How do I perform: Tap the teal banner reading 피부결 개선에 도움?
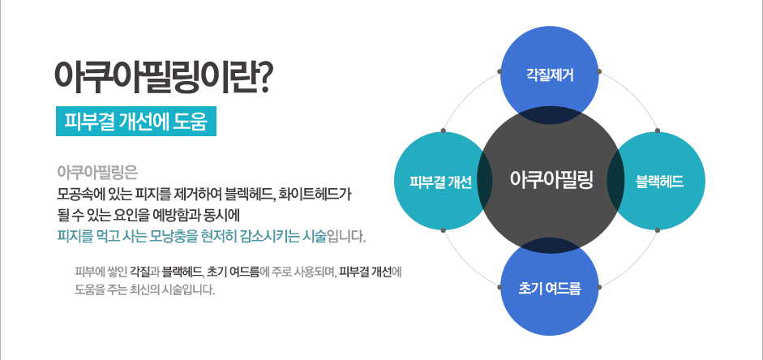(x=136, y=121)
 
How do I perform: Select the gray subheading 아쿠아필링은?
(x=97, y=173)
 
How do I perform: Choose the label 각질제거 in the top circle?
(x=550, y=75)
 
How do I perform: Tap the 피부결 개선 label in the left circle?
(x=440, y=182)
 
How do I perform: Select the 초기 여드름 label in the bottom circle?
(x=550, y=289)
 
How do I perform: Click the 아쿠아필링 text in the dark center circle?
(x=551, y=179)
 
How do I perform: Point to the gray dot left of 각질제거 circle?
(x=499, y=71)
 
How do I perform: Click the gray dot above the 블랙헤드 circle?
(x=658, y=131)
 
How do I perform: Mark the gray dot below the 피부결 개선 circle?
(x=443, y=230)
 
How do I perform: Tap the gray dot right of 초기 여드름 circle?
(x=599, y=288)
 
